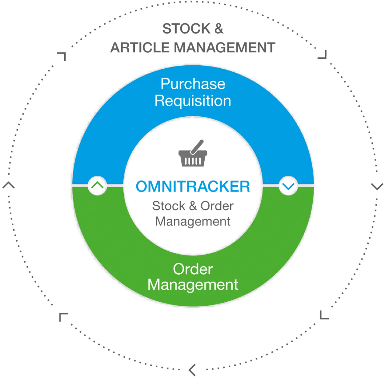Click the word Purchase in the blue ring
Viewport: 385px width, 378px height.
tap(192, 85)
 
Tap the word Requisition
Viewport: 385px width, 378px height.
tap(192, 100)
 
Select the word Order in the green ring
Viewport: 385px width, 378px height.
tap(192, 269)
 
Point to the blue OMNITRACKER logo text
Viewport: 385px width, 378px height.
tap(193, 187)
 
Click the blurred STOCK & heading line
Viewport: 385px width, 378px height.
tap(193, 30)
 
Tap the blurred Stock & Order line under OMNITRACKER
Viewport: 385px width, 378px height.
tap(192, 206)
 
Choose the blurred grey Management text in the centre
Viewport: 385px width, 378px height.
tap(192, 221)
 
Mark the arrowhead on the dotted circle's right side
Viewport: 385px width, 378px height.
tap(377, 186)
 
